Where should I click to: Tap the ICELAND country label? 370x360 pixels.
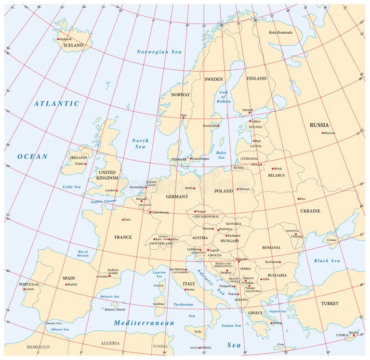point(74,46)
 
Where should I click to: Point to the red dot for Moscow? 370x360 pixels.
point(323,133)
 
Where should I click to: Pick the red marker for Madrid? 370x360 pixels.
point(66,284)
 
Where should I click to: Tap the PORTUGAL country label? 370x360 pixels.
point(29,284)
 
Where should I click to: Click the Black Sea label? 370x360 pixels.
point(327,261)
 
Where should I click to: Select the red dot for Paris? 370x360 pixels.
point(123,219)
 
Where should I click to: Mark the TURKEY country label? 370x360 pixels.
point(330,304)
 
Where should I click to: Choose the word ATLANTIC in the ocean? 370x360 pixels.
point(56,103)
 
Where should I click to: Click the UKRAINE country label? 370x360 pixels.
point(310,211)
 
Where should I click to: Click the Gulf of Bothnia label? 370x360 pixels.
point(223,96)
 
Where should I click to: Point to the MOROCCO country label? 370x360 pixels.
point(38,347)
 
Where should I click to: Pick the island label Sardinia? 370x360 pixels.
point(159,304)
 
